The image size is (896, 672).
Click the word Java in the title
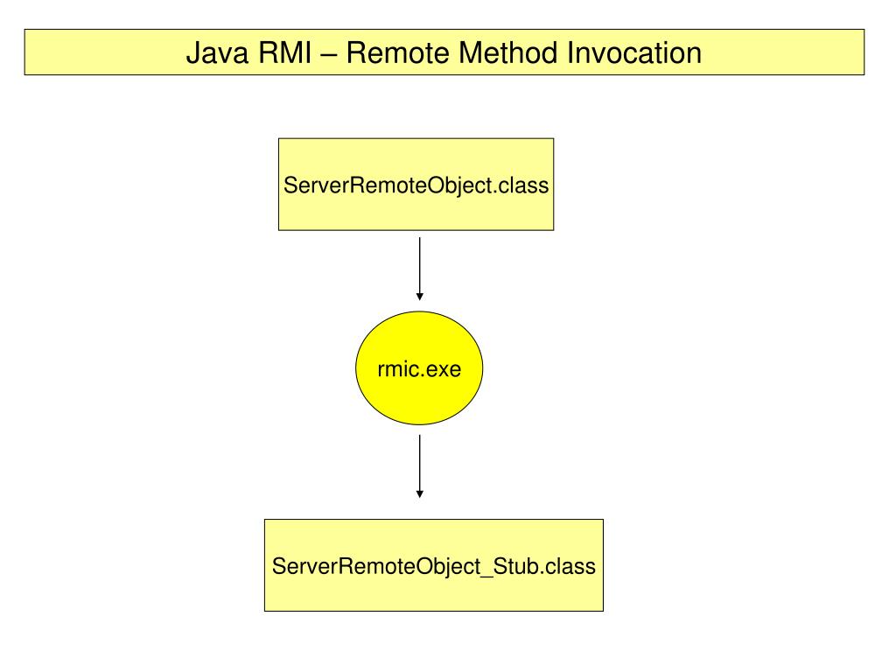coord(217,53)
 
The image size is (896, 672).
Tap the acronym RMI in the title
coord(284,53)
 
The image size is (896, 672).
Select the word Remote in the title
coord(398,53)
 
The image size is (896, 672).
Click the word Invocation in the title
coord(634,53)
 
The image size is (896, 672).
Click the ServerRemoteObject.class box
coord(416,185)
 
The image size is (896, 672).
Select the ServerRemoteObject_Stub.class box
coord(434,565)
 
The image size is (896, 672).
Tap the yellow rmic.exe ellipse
coord(419,368)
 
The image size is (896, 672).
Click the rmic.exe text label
coord(419,369)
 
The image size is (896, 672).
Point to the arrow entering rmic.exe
coord(420,269)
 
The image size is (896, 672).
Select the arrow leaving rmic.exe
coord(420,466)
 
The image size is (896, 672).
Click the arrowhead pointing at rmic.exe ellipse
coord(420,297)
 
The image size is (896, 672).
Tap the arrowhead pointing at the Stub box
coord(420,493)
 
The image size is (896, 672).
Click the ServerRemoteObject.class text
coord(416,185)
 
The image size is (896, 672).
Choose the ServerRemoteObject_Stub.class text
coord(434,566)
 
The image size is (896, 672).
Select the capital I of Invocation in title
coord(570,53)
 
